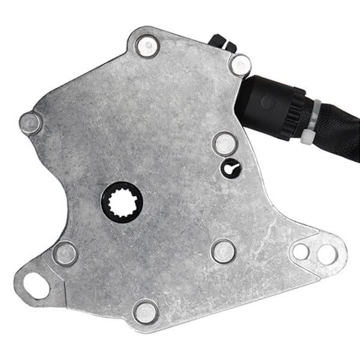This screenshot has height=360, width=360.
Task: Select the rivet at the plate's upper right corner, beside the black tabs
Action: [240, 65]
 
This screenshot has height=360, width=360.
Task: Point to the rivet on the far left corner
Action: [31, 123]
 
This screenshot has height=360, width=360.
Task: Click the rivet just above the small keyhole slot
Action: [224, 143]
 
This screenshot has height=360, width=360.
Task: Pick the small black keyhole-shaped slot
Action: [230, 169]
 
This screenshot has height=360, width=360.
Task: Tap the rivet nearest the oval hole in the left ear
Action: [64, 253]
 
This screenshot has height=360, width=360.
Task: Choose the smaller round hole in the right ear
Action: [300, 251]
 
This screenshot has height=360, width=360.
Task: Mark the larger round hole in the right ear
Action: [326, 254]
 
